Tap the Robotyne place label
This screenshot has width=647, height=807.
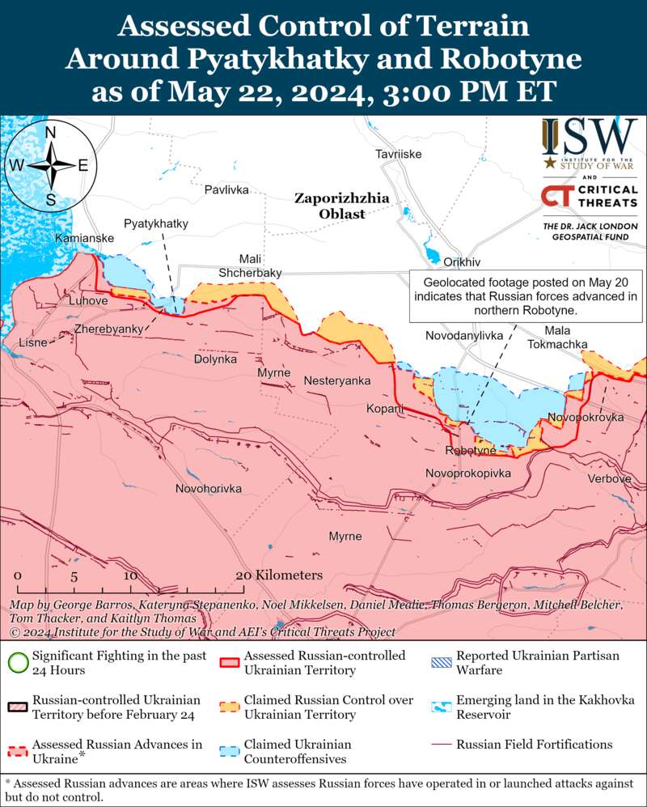click(470, 450)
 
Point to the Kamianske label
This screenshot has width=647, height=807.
click(84, 239)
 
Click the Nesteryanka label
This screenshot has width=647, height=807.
click(337, 380)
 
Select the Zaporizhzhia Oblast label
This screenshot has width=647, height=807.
click(330, 206)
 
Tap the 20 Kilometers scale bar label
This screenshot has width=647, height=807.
click(279, 575)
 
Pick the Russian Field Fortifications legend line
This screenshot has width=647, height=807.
click(442, 745)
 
